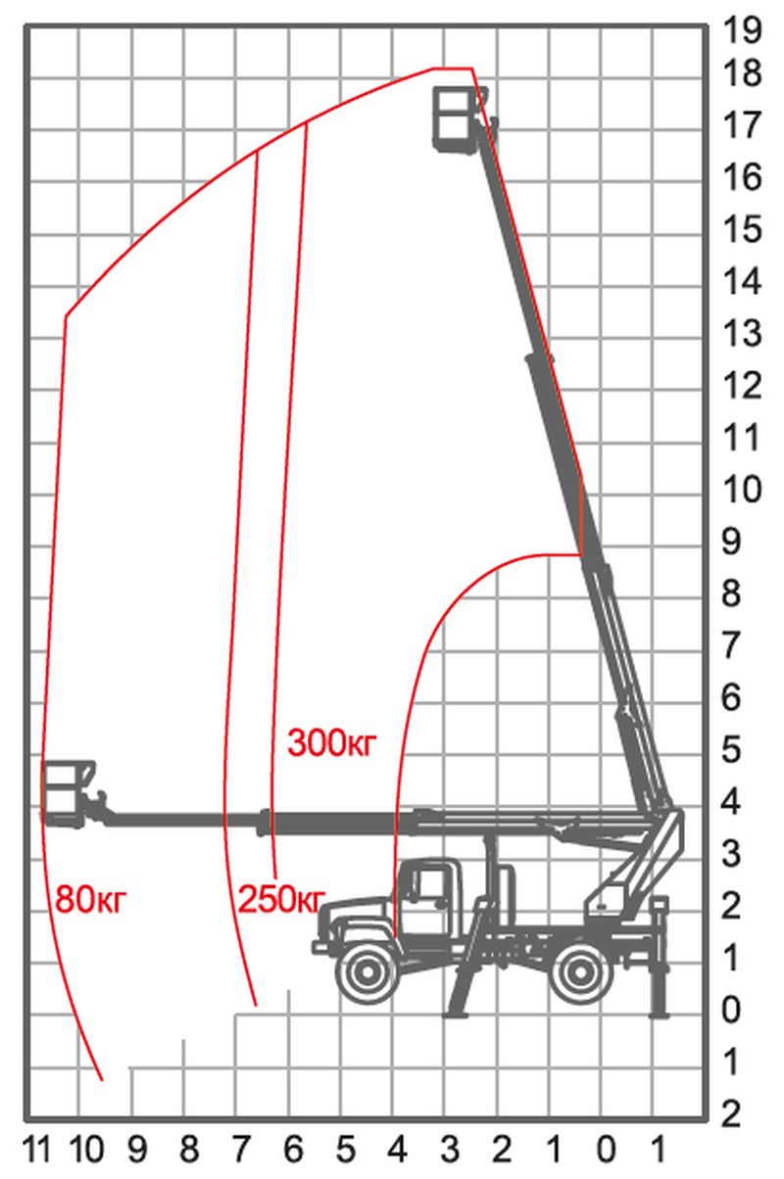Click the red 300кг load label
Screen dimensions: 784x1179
click(332, 743)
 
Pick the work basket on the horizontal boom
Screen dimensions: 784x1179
click(68, 795)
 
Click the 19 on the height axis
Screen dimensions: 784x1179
click(742, 29)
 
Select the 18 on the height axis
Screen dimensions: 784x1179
click(742, 72)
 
